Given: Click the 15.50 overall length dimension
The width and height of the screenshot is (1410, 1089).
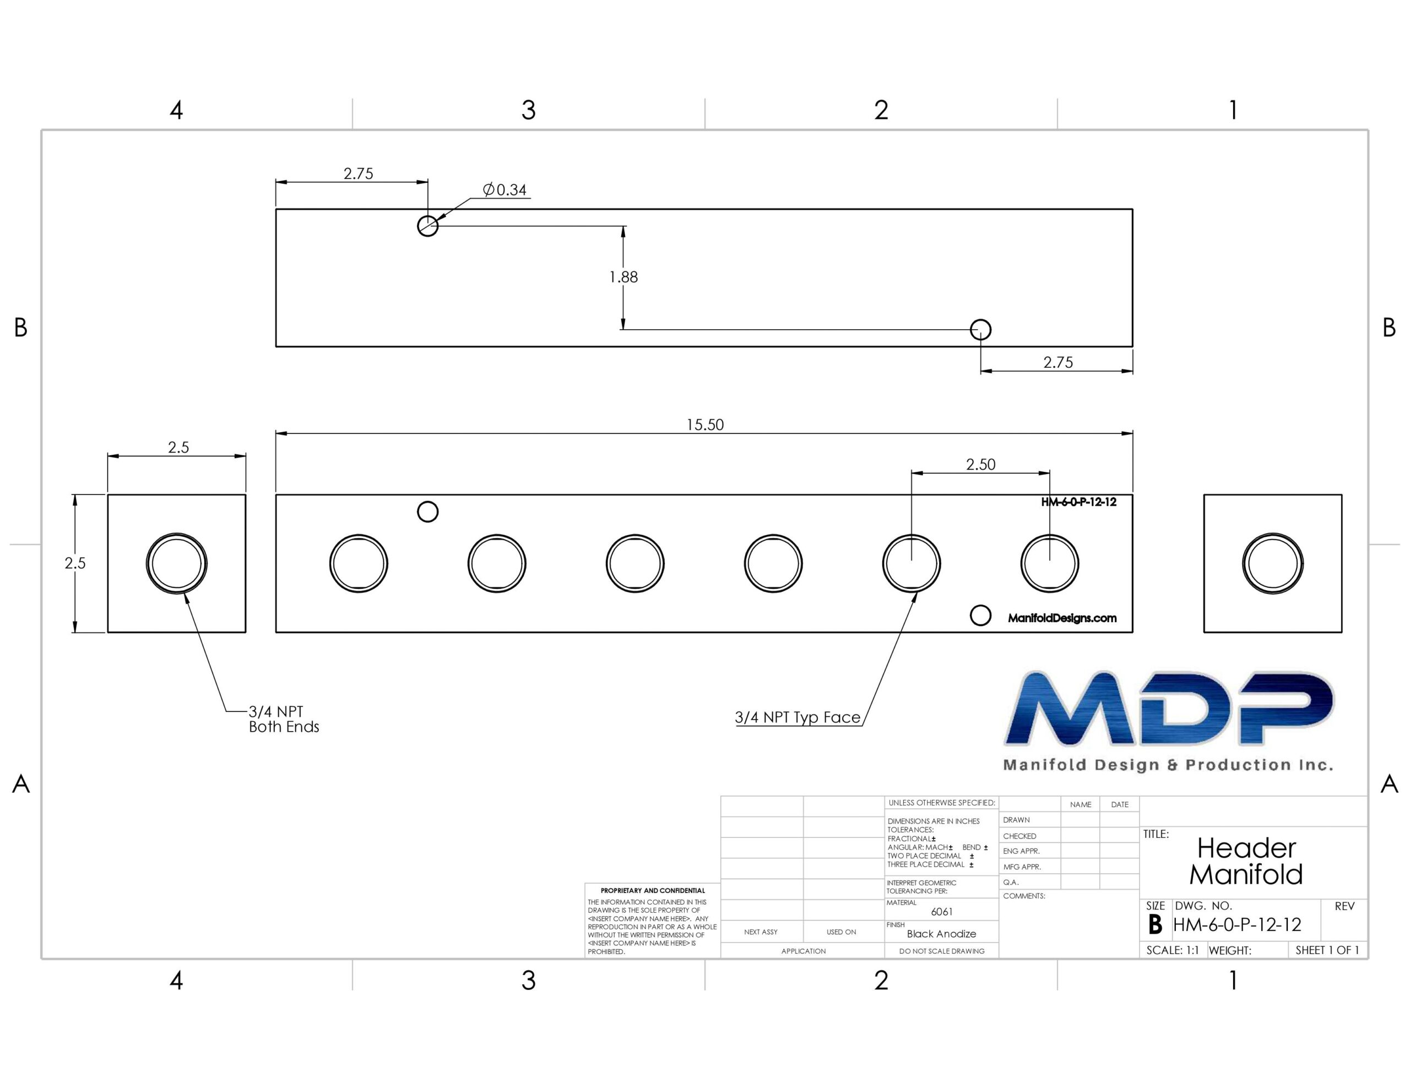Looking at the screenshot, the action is [x=705, y=425].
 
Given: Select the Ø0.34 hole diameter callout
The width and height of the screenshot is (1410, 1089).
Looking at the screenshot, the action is [x=505, y=190].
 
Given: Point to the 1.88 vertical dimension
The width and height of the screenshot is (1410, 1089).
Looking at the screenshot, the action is [x=623, y=277].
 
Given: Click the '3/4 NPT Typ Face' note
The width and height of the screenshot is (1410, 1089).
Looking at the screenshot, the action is [x=798, y=717].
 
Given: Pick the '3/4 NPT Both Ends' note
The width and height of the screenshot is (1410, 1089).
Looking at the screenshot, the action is [x=284, y=719].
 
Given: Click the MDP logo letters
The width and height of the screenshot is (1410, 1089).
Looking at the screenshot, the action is [x=1169, y=709].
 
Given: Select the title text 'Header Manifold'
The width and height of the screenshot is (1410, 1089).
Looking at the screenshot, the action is [x=1246, y=861].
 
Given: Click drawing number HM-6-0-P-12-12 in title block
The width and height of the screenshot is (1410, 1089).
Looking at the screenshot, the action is [x=1237, y=925].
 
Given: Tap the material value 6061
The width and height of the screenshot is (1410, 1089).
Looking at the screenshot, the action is [x=942, y=912].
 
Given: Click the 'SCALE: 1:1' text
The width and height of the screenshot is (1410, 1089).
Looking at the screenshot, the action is [x=1173, y=950].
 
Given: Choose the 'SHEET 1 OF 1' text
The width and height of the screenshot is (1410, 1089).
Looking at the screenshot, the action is [x=1327, y=950].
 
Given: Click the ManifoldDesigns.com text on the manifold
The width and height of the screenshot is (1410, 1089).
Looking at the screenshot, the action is [x=1062, y=618].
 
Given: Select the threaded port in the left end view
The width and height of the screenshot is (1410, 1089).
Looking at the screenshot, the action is [x=177, y=563].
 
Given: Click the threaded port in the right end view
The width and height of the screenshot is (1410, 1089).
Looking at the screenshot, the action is [x=1272, y=563].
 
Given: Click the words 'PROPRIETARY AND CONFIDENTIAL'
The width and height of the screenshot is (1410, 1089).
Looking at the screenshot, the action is [x=653, y=890].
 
